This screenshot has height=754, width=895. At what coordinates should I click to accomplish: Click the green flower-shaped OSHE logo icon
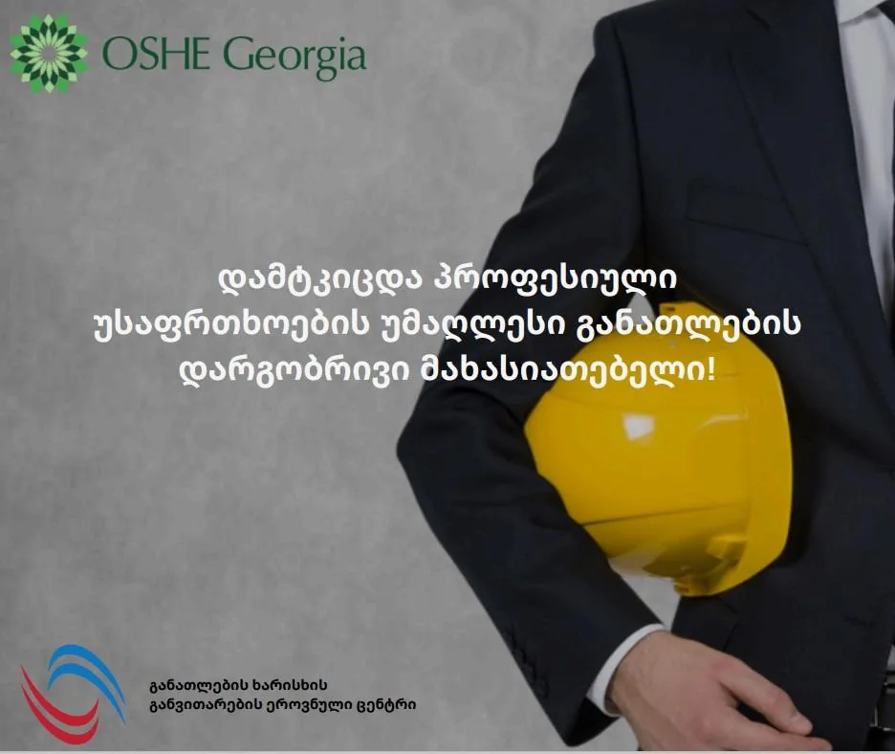[49, 55]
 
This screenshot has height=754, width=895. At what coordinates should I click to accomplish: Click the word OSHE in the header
[155, 55]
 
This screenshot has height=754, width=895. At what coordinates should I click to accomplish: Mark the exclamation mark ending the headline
[710, 369]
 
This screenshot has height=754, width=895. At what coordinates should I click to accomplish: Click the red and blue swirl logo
[73, 694]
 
